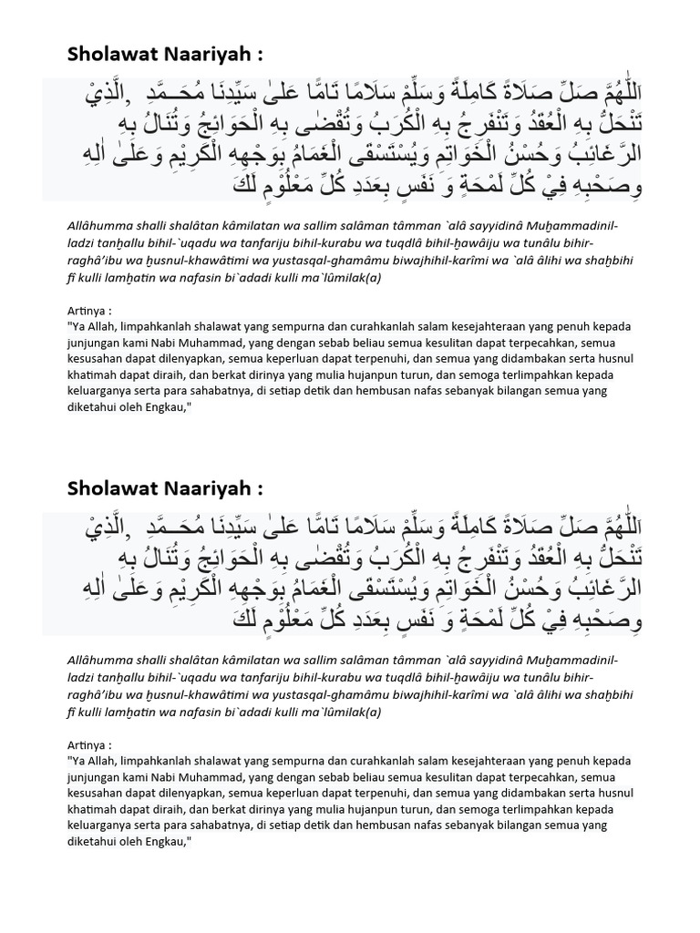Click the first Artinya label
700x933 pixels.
89,310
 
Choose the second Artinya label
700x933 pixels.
89,744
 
